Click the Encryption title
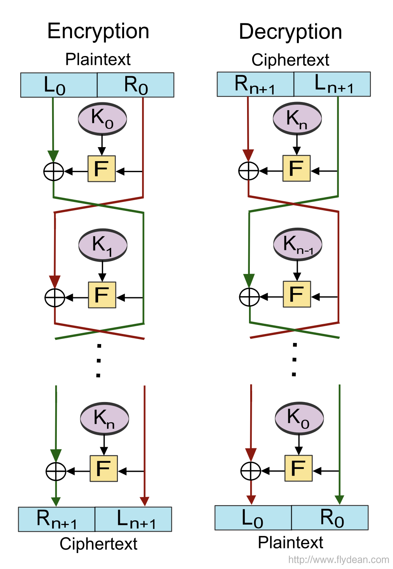point(98,31)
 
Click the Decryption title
point(290,32)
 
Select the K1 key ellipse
point(103,245)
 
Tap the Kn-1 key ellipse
point(298,244)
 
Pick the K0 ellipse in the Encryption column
point(102,118)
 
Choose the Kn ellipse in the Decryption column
point(297,118)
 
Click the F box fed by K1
point(102,295)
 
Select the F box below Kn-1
point(297,294)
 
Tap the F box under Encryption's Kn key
point(104,469)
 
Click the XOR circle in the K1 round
point(55,298)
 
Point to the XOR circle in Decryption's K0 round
point(251,471)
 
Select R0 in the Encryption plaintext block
point(135,85)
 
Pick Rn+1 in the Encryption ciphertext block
point(56,519)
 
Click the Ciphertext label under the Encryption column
point(98,544)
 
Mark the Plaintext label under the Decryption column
point(290,543)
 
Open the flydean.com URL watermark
point(339,560)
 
